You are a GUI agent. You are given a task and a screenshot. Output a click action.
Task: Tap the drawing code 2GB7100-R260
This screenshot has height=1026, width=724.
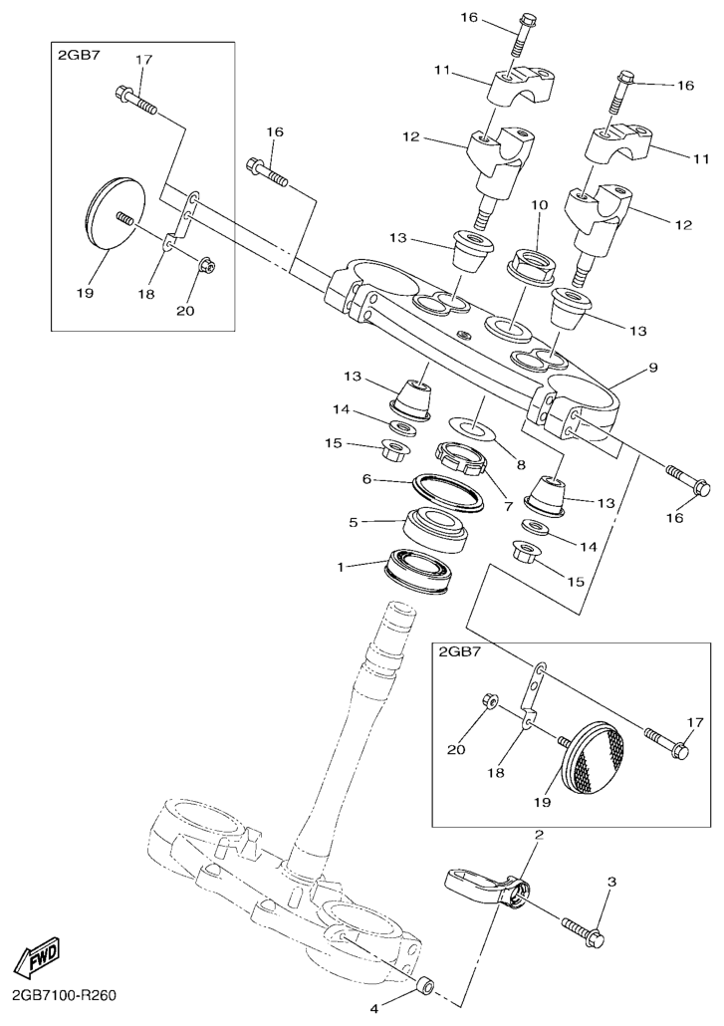pos(64,996)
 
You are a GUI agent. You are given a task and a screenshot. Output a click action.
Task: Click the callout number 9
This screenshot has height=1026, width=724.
pos(652,368)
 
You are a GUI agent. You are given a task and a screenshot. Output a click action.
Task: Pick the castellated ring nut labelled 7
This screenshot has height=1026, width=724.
pos(460,457)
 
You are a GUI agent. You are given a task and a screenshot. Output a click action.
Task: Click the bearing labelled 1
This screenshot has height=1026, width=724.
pos(417,570)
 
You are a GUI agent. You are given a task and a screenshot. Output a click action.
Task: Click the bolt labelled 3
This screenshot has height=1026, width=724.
pos(582,930)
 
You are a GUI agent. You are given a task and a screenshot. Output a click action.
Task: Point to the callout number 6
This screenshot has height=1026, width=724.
pos(366,479)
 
